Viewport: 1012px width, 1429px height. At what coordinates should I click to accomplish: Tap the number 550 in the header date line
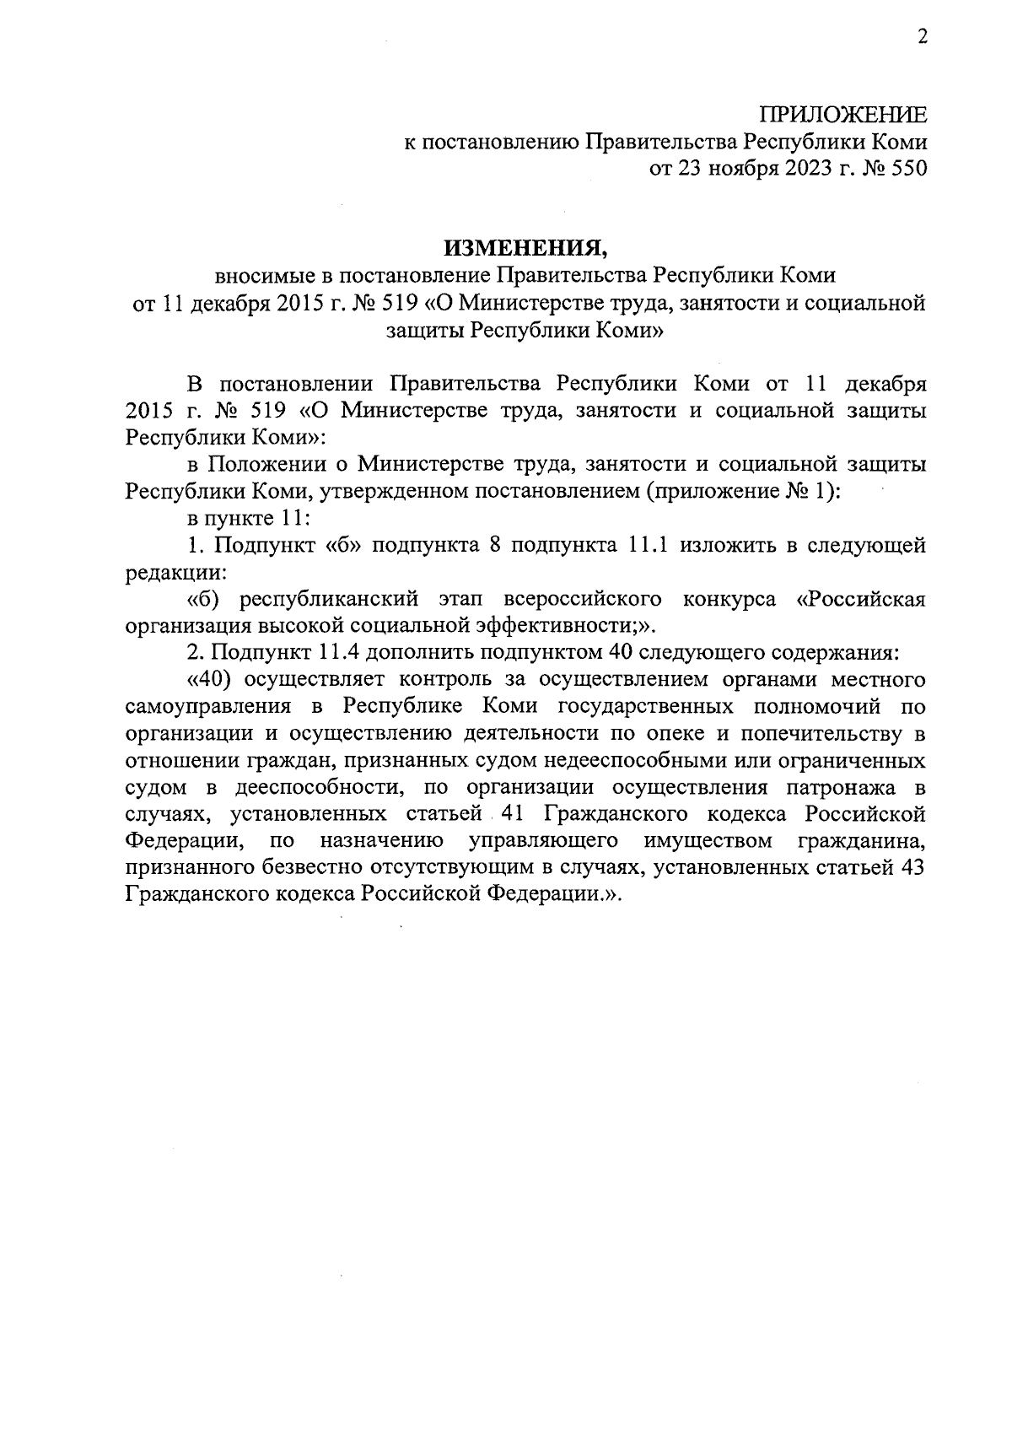[x=907, y=170]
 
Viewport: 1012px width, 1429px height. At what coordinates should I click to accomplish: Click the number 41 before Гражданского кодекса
[x=514, y=815]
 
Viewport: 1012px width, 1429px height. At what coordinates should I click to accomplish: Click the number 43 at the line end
[x=913, y=869]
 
